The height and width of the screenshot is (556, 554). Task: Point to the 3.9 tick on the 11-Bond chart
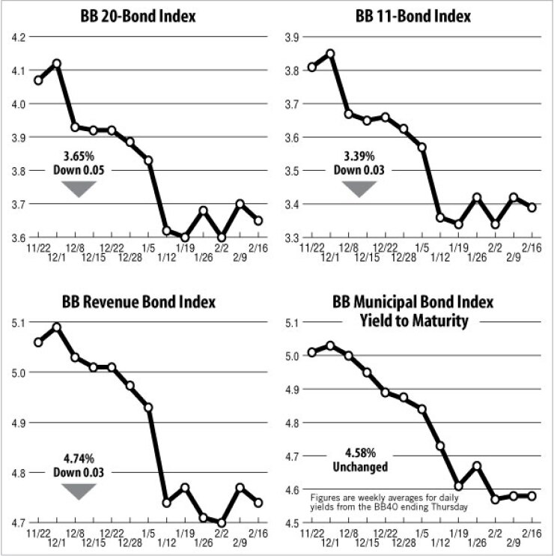click(290, 37)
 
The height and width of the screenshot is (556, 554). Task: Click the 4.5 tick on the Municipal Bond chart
click(290, 523)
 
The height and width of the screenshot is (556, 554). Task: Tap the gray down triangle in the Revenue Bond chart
click(79, 491)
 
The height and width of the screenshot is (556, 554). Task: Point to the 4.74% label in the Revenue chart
click(79, 459)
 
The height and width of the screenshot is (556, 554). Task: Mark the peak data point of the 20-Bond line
click(57, 64)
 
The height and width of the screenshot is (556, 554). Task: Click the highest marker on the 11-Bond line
click(330, 53)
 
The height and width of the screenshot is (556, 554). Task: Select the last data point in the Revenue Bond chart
click(258, 503)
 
